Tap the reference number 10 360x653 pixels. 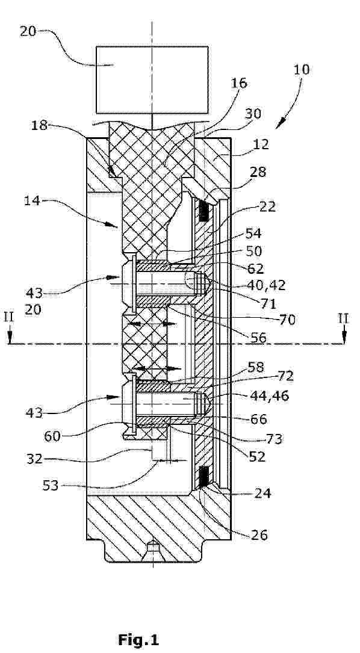click(x=301, y=69)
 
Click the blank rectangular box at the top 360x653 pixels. click(x=152, y=79)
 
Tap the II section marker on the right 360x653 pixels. click(x=344, y=319)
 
